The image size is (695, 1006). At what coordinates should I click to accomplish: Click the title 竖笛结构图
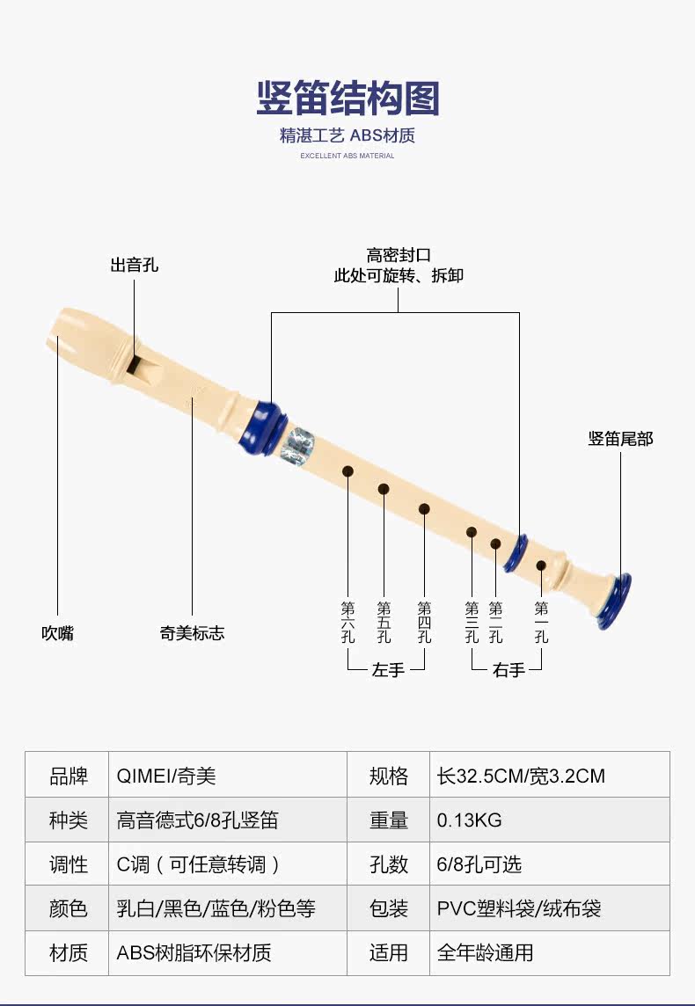pos(347,98)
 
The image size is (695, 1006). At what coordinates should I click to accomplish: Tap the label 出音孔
pos(135,265)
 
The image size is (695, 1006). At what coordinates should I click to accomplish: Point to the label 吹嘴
pos(58,633)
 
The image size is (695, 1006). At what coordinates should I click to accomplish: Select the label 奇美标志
pos(192,633)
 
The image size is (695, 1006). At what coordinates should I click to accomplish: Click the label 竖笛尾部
pos(621,439)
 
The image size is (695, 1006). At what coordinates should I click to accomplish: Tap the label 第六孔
pos(348,622)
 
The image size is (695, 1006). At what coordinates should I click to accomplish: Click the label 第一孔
pos(542,622)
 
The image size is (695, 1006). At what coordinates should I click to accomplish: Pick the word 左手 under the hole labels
pos(388,670)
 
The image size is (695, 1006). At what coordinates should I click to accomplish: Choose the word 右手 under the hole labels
pos(508,670)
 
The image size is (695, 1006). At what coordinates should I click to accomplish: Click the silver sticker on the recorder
pos(297,444)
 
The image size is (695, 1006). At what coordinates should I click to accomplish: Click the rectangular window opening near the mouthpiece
pos(133,363)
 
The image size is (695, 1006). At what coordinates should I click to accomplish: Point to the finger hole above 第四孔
pos(424,508)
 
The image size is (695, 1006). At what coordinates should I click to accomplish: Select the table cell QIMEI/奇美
pos(166,776)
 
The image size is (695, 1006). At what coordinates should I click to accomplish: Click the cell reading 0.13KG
pos(470,820)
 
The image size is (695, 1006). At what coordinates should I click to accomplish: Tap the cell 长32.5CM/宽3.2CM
pos(521,776)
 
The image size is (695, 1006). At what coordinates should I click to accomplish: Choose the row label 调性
pos(68,864)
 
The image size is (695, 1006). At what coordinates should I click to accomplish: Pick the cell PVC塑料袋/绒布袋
pos(519,908)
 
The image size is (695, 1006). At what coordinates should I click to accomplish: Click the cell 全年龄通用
pos(485,952)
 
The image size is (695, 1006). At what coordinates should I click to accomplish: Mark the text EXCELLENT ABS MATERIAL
pos(347,156)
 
